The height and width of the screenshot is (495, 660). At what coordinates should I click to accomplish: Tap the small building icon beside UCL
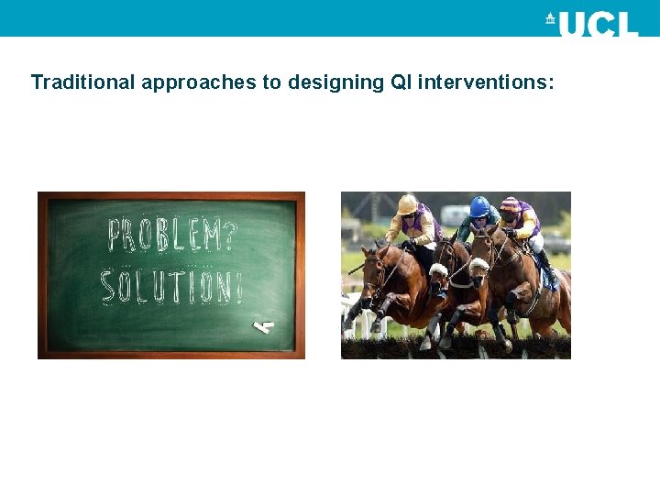coord(550,19)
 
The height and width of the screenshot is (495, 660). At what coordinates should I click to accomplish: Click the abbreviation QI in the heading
coord(401,82)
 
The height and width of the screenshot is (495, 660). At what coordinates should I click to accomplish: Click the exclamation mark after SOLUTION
coord(238,287)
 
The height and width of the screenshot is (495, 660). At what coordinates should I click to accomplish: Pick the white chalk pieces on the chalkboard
coord(265,324)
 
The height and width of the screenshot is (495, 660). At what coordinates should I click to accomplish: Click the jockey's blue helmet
coord(479,206)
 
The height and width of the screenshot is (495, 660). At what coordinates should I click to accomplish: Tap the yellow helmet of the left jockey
coord(408,203)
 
